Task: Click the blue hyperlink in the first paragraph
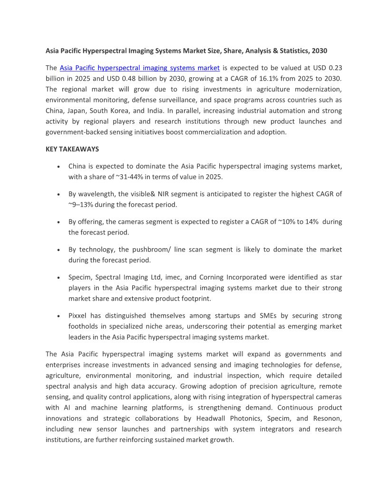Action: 139,68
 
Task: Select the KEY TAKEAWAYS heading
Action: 72,149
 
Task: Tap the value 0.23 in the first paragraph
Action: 334,68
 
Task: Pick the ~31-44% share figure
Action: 130,177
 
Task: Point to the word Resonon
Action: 329,418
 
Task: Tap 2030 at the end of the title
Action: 319,50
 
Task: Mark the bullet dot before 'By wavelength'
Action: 58,195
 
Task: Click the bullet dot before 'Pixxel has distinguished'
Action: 58,316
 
